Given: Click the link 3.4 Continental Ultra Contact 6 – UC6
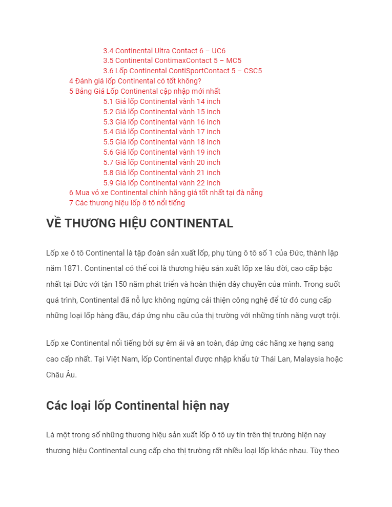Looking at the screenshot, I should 164,51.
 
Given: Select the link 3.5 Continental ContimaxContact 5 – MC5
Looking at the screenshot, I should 172,60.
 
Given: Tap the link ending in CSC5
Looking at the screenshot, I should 182,71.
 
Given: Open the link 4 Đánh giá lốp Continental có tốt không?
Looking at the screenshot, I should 135,81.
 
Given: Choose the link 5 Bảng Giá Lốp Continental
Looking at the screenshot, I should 145,91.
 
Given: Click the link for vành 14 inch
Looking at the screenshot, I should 161,101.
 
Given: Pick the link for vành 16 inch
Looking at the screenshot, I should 161,122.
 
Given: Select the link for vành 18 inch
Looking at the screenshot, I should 161,142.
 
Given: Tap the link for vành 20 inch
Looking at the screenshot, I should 161,162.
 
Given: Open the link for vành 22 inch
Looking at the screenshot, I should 161,183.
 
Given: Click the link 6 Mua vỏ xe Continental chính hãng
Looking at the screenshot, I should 166,193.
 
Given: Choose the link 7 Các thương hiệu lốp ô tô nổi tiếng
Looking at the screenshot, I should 127,203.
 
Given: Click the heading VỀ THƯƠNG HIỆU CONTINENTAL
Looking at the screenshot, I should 139,223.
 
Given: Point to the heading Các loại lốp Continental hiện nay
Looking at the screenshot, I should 137,406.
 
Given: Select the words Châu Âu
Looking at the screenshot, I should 61,375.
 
